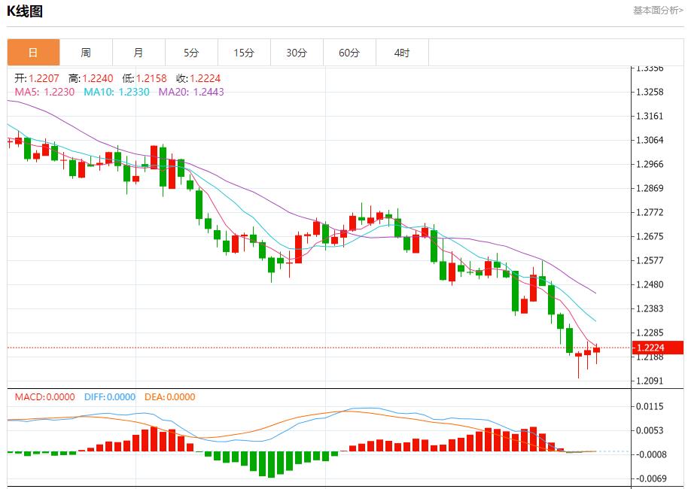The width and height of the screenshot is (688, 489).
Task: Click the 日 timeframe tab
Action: coord(33,53)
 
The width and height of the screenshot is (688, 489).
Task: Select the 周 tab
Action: coord(86,53)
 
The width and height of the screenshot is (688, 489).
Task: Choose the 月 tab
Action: coord(139,53)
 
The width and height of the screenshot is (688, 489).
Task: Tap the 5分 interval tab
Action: coord(191,53)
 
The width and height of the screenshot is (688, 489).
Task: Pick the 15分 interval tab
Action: coord(244,53)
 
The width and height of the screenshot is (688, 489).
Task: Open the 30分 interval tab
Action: coord(297,53)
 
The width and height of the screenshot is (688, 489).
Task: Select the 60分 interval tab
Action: coord(349,53)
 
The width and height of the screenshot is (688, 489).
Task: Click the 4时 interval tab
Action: coord(402,53)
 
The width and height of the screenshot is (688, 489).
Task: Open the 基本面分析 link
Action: coord(657,11)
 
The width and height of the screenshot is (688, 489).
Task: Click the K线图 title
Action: coord(25,11)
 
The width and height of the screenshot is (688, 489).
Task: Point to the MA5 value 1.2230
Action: coord(59,92)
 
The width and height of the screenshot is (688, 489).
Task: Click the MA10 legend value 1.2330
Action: coord(134,92)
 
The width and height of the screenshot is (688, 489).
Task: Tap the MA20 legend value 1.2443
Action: coord(209,92)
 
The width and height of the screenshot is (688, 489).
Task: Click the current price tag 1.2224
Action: coord(650,348)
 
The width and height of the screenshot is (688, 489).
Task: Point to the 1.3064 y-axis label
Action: coord(650,140)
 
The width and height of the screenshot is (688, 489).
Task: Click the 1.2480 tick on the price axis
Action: coord(650,284)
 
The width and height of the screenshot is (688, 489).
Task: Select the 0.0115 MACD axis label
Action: coord(650,406)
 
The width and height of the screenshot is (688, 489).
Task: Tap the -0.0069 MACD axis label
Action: coord(649,478)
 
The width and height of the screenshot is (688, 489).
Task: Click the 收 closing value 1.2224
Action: coord(205,78)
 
